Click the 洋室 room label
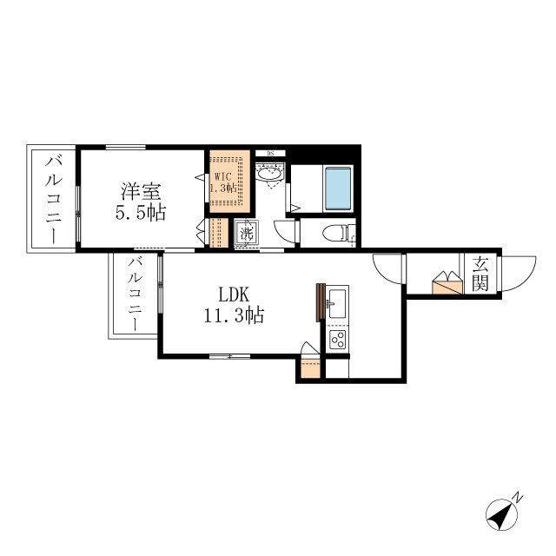coord(140,190)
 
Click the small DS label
coord(270,154)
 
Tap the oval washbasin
coord(269,173)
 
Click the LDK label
coord(234,294)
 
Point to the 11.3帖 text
coord(234,316)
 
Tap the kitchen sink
coord(337,303)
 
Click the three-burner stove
coord(337,339)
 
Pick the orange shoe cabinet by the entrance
coord(448,285)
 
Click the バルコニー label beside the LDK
coord(135,295)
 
